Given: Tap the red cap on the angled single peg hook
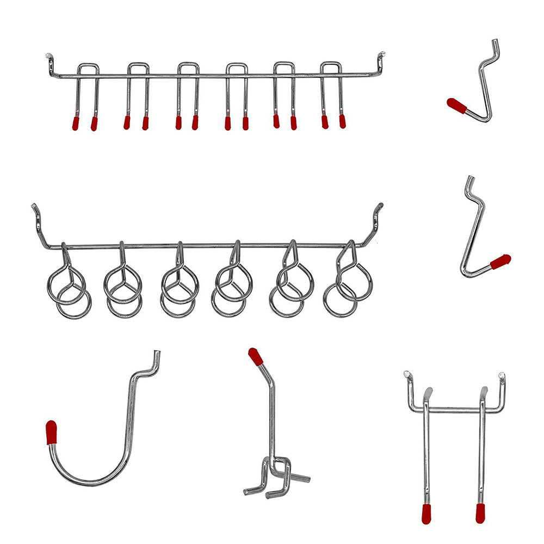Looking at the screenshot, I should coord(255,356).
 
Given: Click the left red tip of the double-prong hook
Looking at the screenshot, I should coord(426,514).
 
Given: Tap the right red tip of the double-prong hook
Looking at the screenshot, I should coord(480,513).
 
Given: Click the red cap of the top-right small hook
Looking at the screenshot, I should coord(456,106).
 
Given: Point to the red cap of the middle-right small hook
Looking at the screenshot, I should coord(500,262).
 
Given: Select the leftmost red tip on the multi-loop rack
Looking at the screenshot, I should coord(76,123).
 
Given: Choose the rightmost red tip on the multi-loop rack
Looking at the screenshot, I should coord(342,121).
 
